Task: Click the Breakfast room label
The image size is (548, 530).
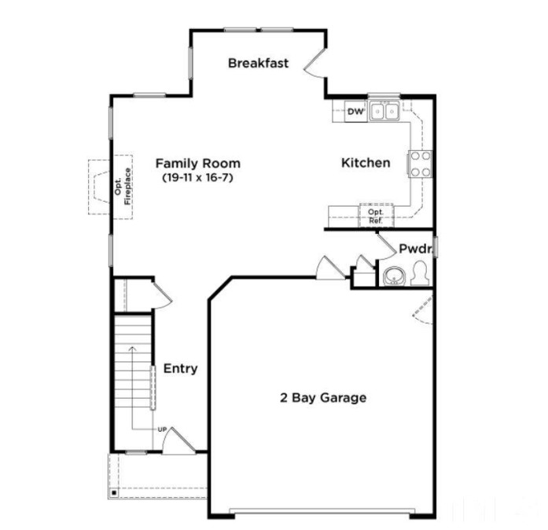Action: tap(259, 63)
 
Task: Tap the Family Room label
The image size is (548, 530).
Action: tap(197, 163)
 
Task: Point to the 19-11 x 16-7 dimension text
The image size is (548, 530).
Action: tap(197, 177)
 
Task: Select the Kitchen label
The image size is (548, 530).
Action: tap(365, 163)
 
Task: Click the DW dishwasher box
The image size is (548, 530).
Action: tap(355, 112)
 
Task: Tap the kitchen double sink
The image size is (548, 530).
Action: tap(384, 111)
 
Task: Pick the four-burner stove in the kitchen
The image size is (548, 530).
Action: tap(419, 163)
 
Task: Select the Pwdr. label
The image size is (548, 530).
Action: tap(415, 248)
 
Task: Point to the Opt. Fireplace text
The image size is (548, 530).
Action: tap(123, 188)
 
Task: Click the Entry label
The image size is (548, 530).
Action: tap(180, 368)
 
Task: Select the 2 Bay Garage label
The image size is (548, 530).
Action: tap(323, 397)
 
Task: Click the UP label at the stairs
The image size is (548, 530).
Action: tap(162, 429)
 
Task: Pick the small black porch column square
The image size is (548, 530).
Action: tap(115, 493)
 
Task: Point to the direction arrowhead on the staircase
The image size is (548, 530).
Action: tap(132, 347)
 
